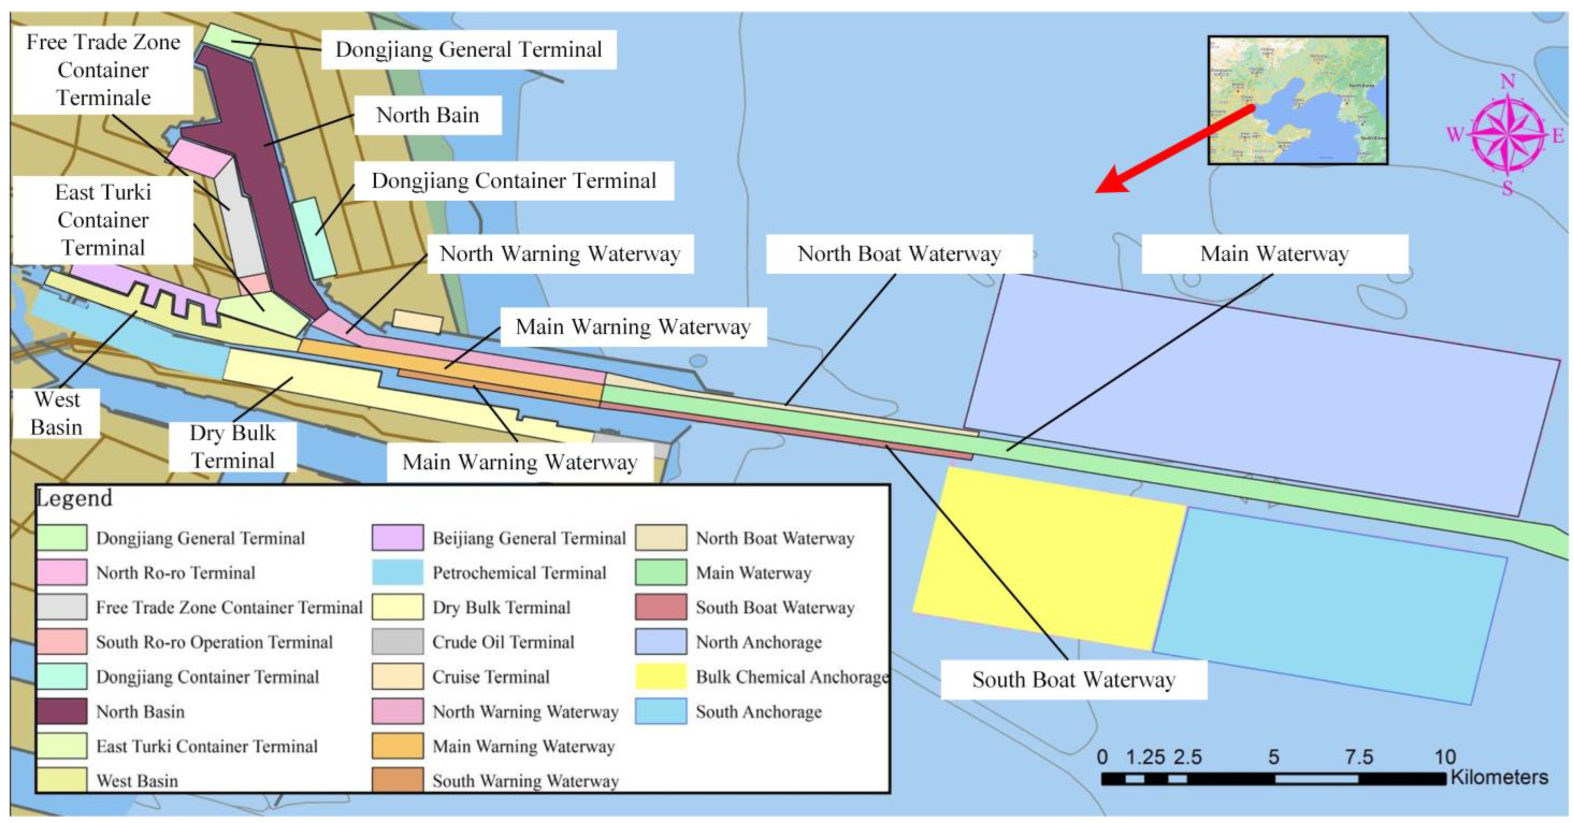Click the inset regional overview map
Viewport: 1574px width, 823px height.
tap(1297, 100)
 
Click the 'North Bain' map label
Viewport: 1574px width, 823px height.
tap(428, 115)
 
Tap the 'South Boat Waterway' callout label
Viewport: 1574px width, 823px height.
tap(1074, 679)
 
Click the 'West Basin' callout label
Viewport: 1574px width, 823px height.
tap(57, 413)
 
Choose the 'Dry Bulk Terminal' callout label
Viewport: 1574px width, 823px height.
tap(233, 447)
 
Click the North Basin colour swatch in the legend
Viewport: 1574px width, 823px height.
tap(62, 711)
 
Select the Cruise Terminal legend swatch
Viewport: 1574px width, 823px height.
tap(398, 676)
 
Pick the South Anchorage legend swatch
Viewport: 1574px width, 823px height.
tap(660, 711)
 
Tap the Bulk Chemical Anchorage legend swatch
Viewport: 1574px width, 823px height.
tap(660, 676)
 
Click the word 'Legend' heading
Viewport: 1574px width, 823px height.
tap(75, 498)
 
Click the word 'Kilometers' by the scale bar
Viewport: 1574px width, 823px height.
tap(1499, 777)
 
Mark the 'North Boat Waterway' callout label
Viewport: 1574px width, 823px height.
tap(899, 254)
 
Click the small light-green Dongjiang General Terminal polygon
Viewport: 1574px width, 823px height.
tap(230, 40)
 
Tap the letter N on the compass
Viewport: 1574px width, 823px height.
tap(1507, 81)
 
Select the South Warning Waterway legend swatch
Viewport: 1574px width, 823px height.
tap(398, 780)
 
